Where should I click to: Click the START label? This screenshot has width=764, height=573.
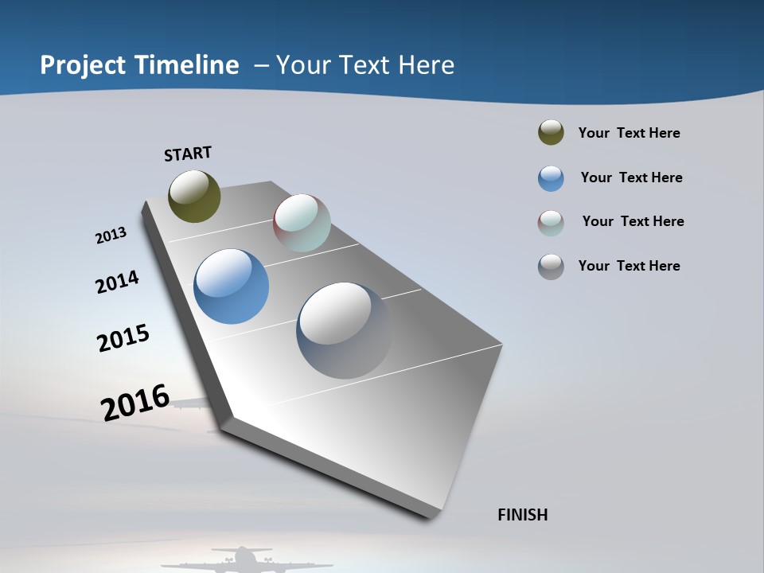(188, 154)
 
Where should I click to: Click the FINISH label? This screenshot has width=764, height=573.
(523, 515)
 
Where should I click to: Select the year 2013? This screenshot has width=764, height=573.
(111, 236)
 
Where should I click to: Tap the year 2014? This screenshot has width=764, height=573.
(117, 282)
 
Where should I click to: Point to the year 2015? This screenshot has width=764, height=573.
(123, 338)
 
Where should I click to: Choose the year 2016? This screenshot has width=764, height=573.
(135, 403)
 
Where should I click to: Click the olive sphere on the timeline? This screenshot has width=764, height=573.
(194, 196)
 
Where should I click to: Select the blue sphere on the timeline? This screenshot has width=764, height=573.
(231, 286)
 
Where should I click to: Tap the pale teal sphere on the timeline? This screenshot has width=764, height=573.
(302, 223)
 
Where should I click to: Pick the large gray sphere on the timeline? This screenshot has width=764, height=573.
(344, 330)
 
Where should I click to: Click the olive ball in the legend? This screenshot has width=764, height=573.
(551, 133)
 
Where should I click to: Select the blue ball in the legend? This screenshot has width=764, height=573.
(551, 178)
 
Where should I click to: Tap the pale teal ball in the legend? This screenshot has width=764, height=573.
(551, 223)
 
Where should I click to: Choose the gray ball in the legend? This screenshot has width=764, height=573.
(551, 267)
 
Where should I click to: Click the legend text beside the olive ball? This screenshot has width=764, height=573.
(629, 133)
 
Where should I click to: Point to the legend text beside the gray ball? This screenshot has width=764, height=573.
(629, 266)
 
